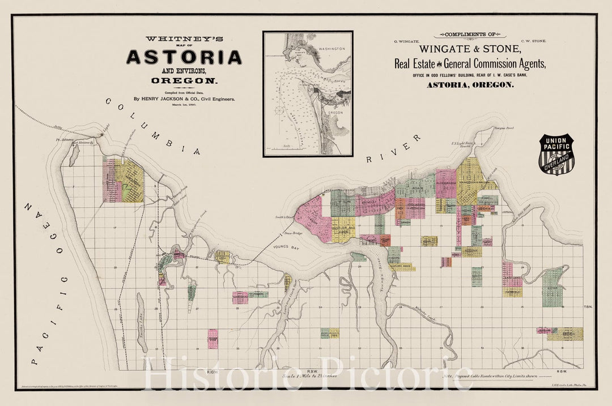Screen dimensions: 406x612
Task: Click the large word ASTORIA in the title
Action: (x=184, y=57)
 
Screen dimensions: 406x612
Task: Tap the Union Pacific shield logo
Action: (x=556, y=154)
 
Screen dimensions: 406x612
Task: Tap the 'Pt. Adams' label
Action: (x=62, y=138)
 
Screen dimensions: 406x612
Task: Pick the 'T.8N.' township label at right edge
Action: (x=588, y=306)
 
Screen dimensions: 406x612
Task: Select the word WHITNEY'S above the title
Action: (x=184, y=39)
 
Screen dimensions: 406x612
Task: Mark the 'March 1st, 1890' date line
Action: (x=184, y=105)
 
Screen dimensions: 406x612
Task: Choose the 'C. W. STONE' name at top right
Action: (x=534, y=41)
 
